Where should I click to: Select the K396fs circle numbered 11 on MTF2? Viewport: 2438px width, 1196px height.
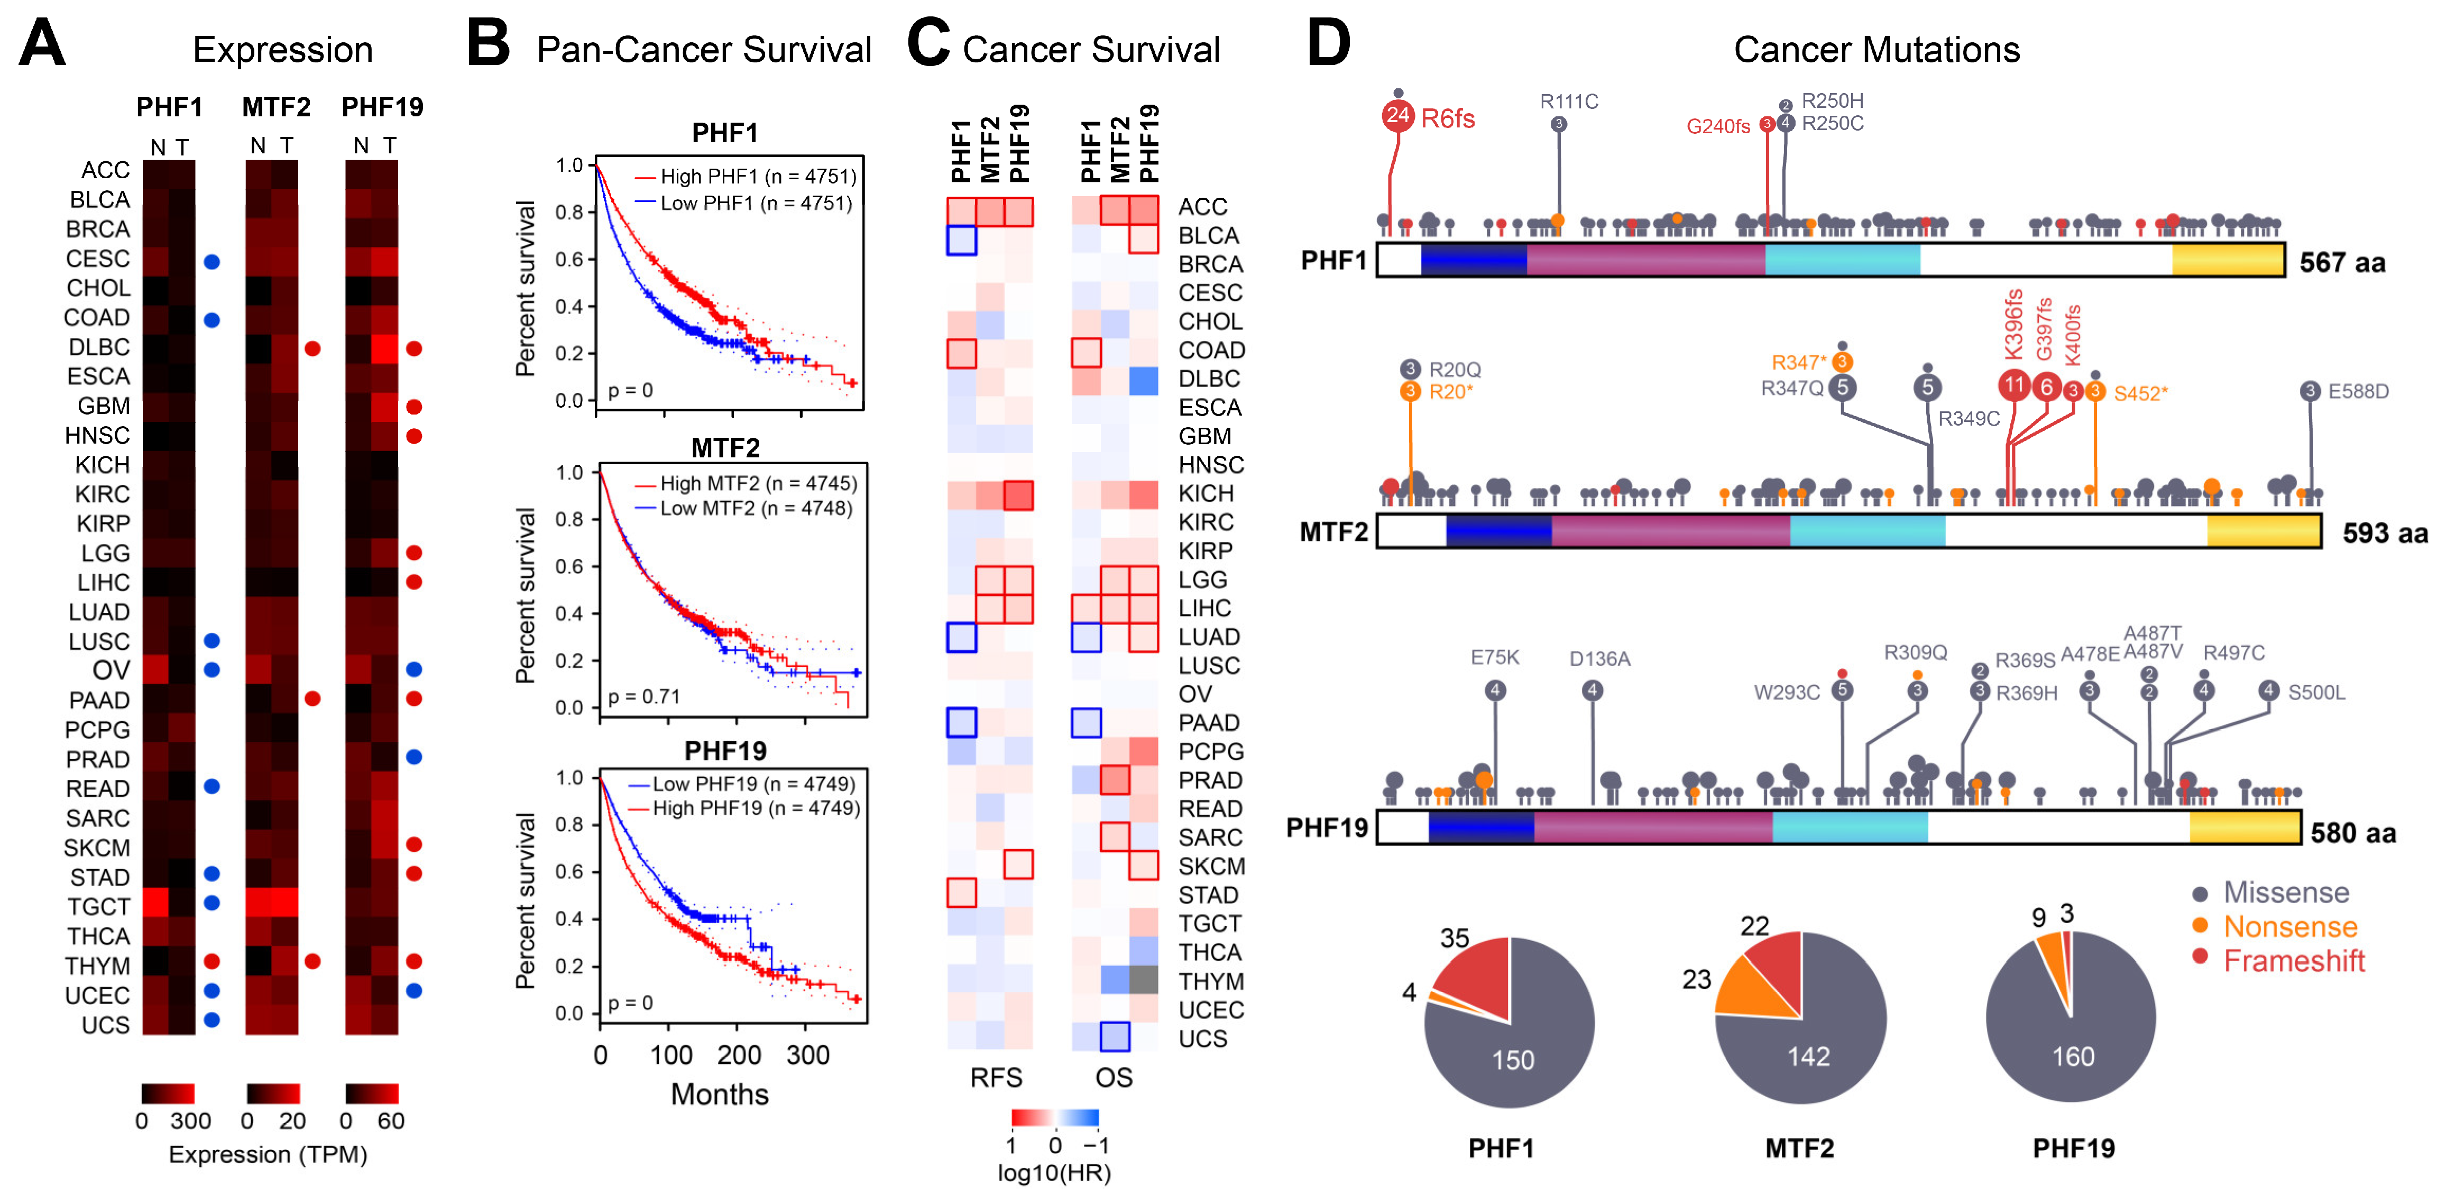point(2013,385)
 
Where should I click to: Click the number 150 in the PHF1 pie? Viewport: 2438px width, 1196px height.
point(1512,1060)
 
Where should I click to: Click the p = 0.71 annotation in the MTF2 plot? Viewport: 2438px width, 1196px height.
point(643,696)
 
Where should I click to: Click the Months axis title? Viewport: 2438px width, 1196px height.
point(719,1095)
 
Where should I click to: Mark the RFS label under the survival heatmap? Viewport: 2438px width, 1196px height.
point(996,1078)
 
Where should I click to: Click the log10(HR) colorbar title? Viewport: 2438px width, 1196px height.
point(1053,1173)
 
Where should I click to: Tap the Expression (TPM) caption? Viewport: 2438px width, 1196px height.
point(268,1154)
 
